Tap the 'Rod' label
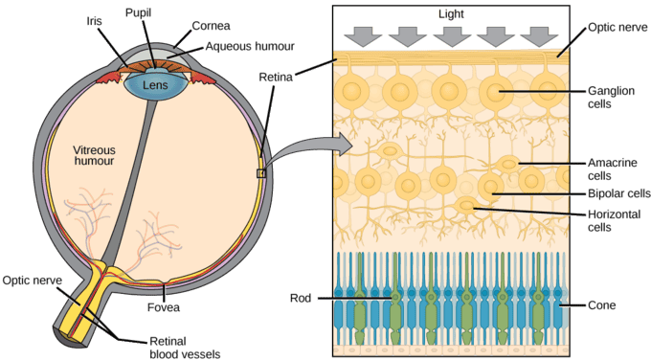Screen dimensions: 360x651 point(301,297)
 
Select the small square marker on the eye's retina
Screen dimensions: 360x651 point(261,173)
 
